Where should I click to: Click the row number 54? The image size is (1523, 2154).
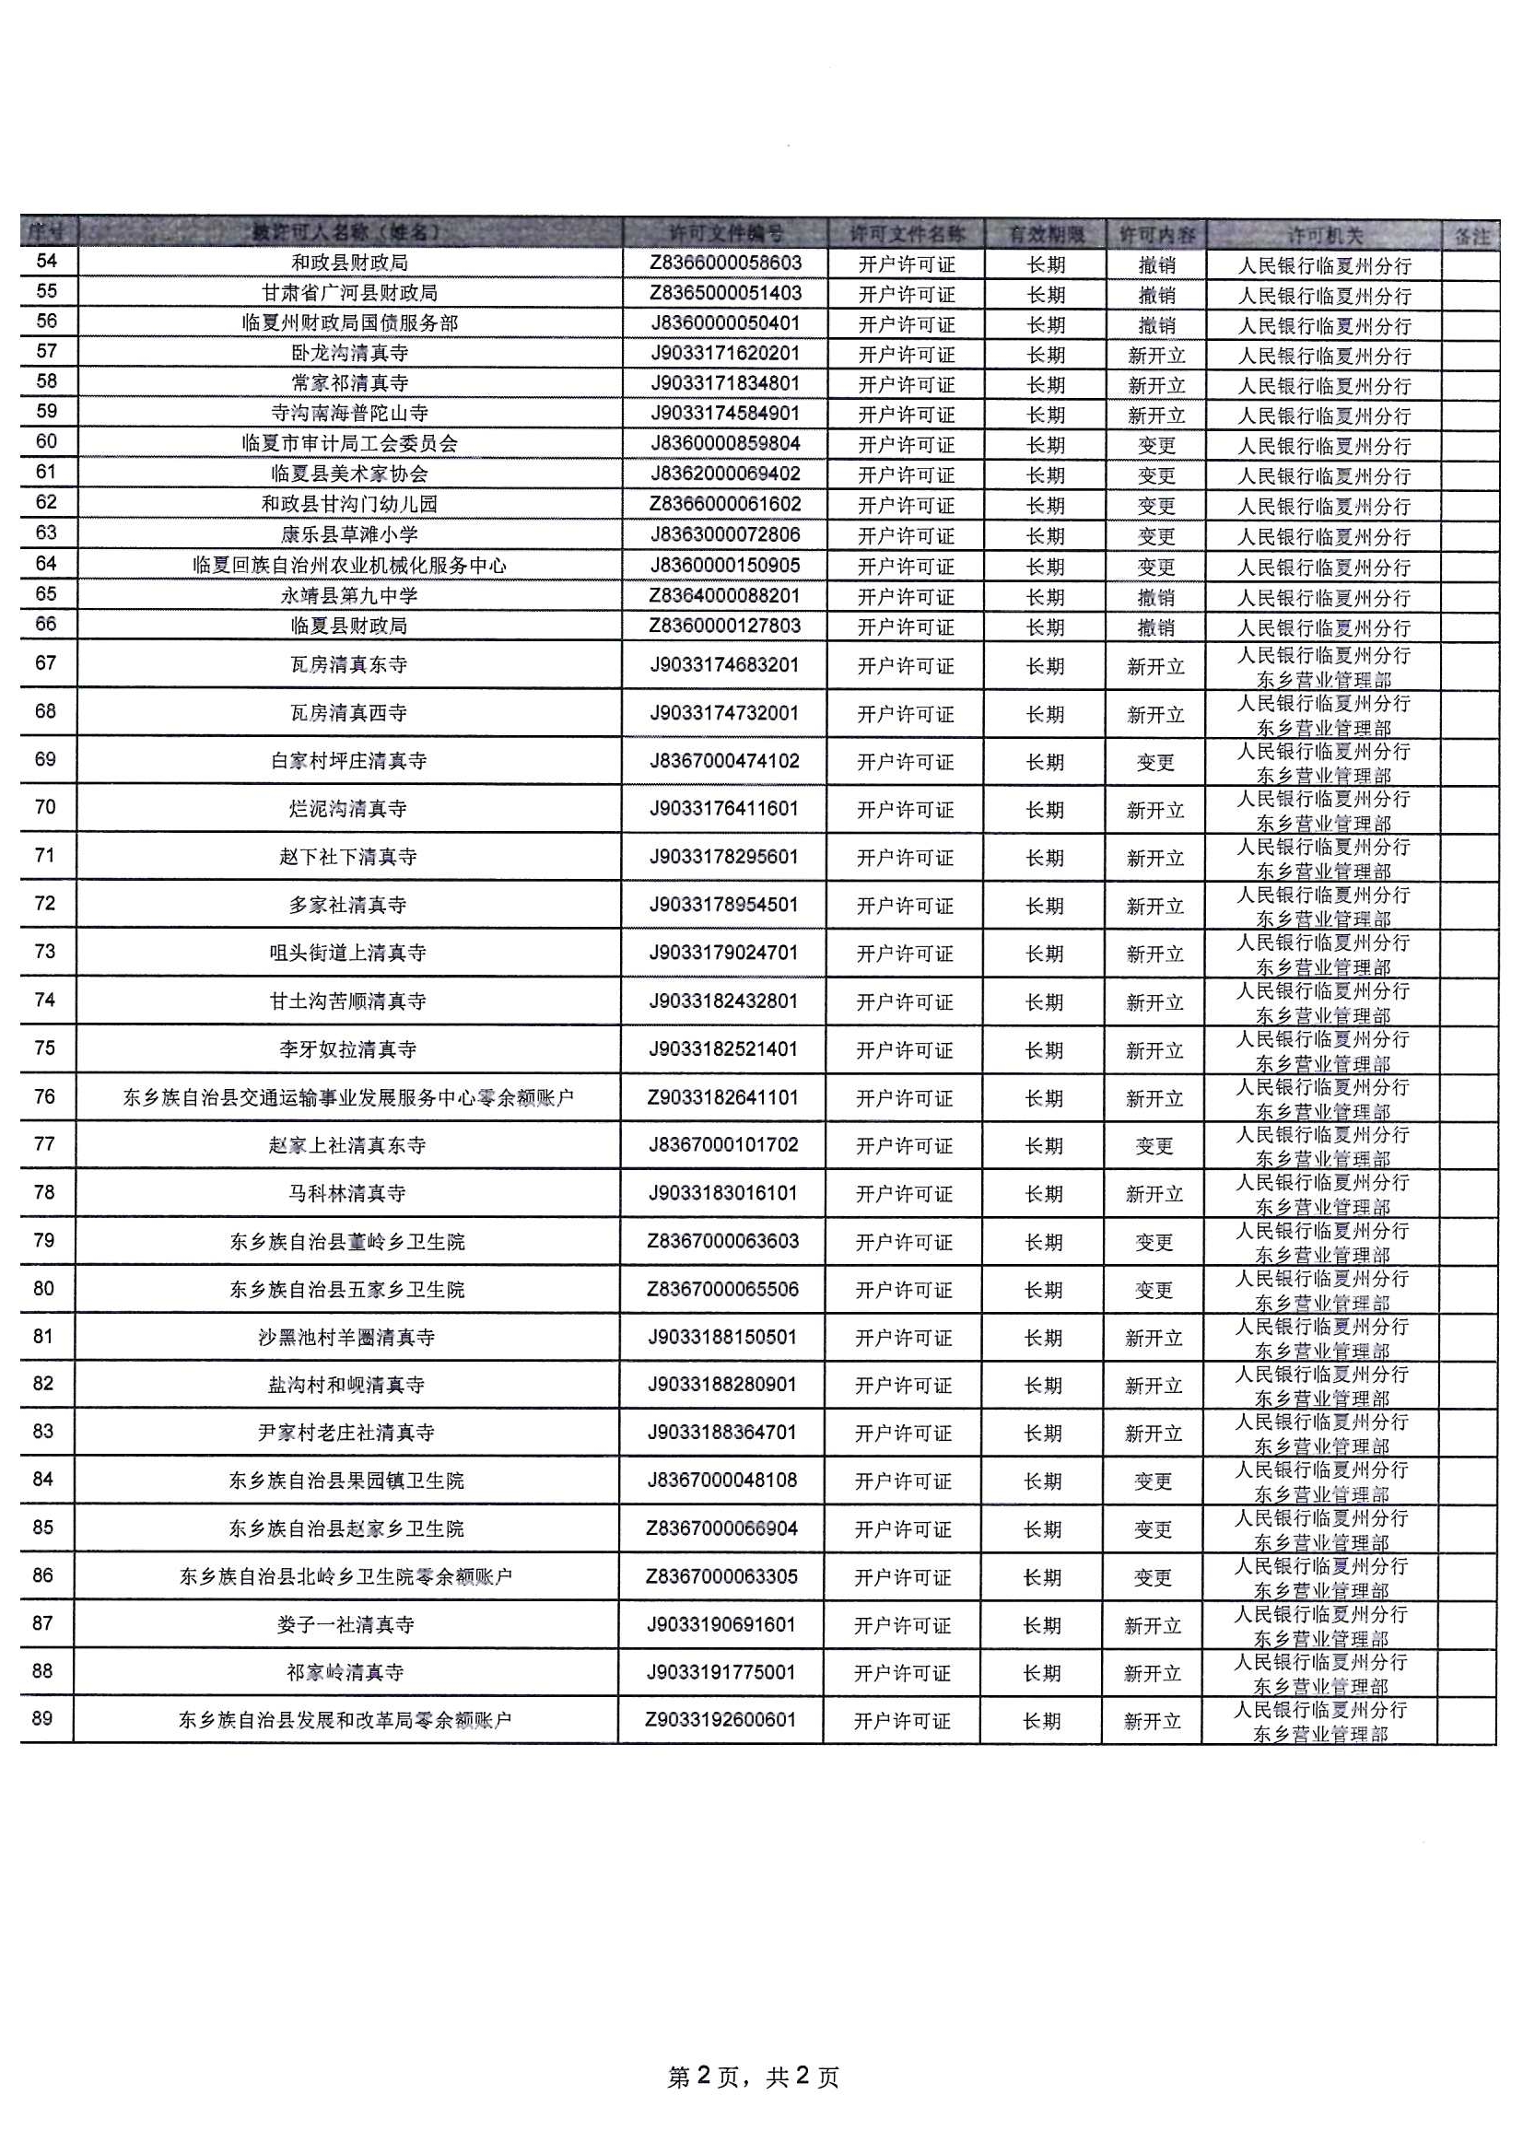[46, 261]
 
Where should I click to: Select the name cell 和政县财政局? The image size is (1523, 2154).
[349, 263]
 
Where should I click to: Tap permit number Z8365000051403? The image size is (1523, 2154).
[725, 293]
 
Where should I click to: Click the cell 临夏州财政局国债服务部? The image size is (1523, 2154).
[349, 322]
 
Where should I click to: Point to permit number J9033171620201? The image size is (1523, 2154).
[725, 353]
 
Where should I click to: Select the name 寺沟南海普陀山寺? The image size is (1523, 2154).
[349, 413]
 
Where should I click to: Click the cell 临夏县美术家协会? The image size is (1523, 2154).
[349, 474]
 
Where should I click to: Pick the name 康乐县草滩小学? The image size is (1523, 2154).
[349, 534]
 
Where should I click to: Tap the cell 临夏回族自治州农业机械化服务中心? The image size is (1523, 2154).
[349, 565]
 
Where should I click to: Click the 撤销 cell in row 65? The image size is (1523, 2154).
[1156, 597]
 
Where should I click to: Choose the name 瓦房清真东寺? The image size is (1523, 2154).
[349, 665]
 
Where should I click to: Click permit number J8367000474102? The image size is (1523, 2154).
[724, 761]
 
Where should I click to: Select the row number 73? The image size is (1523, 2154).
[45, 952]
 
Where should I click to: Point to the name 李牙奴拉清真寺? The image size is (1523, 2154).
[348, 1048]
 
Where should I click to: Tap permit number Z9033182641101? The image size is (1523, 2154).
[722, 1096]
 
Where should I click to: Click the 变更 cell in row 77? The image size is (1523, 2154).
[1154, 1145]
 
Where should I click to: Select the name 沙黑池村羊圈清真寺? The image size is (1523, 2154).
[347, 1337]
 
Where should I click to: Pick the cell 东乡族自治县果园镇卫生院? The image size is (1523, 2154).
[346, 1481]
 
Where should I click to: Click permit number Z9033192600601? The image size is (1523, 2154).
[720, 1720]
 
